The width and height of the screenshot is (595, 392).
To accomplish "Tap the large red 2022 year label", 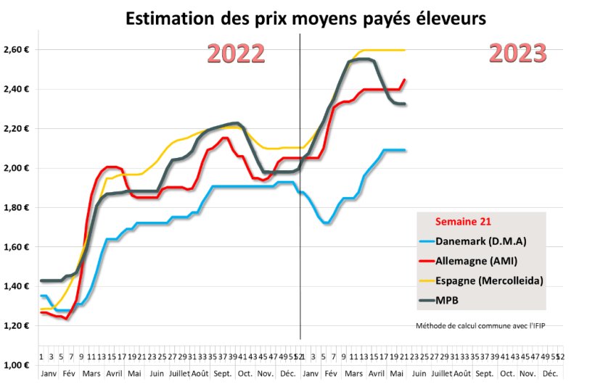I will coord(236,54).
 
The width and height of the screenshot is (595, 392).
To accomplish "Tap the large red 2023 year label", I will coord(517,53).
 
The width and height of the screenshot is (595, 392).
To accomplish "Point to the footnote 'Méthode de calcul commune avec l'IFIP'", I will coord(480,325).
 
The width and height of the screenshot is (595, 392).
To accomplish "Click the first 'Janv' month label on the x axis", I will coord(48,374).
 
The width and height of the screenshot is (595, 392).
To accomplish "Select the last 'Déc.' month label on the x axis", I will coord(550,374).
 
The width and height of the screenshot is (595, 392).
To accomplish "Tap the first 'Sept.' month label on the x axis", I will coord(223,374).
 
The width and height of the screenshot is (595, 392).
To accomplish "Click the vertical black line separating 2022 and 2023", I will coord(300,217).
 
